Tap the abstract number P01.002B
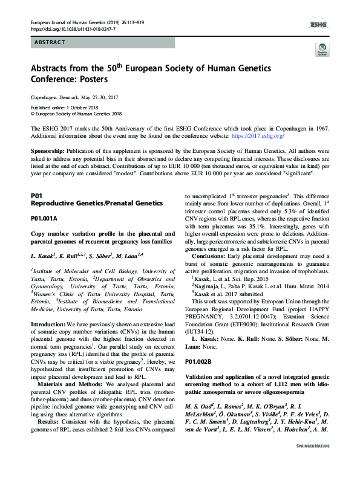point(198,361)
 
